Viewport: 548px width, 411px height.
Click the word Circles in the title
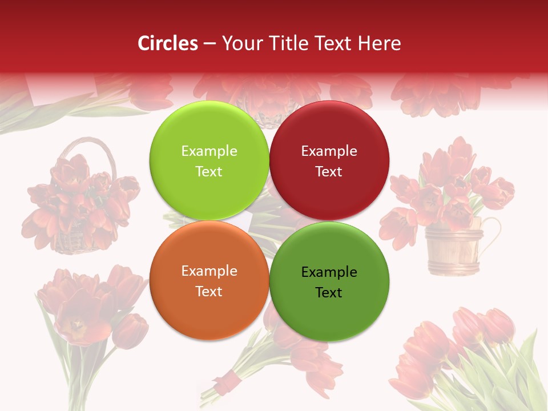(x=167, y=43)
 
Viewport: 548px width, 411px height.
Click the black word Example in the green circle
(x=329, y=272)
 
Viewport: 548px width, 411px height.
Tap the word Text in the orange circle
(x=209, y=291)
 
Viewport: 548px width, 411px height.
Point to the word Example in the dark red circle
(x=329, y=151)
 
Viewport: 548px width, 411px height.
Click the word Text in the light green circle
(x=209, y=171)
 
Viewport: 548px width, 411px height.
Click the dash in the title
(x=209, y=43)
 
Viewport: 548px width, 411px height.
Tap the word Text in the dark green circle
(x=329, y=292)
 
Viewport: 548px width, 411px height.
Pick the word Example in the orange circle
(x=209, y=271)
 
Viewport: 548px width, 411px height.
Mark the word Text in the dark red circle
(x=329, y=171)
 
